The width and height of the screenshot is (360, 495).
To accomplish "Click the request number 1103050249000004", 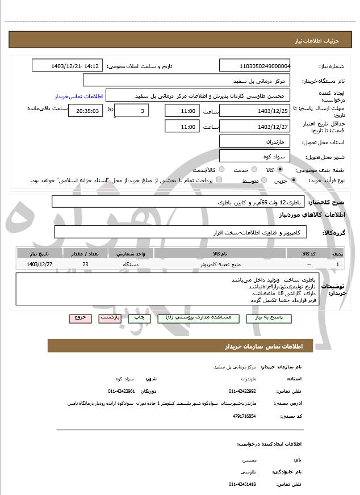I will click(x=254, y=65).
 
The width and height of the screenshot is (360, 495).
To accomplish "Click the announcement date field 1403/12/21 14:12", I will click(x=67, y=65).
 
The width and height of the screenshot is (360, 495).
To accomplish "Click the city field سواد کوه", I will click(x=254, y=156).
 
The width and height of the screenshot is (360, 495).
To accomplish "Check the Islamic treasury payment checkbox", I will click(x=219, y=180).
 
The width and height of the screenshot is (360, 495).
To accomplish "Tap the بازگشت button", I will click(x=110, y=318).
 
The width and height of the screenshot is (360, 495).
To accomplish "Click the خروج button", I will click(x=80, y=318).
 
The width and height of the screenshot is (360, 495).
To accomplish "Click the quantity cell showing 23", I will click(x=85, y=265).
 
